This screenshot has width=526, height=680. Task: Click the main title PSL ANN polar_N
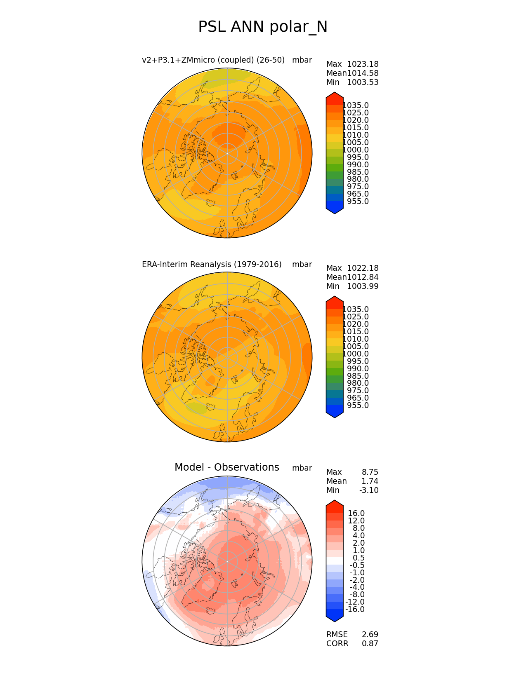pyautogui.click(x=263, y=27)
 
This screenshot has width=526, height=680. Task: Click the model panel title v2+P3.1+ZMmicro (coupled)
pyautogui.click(x=213, y=60)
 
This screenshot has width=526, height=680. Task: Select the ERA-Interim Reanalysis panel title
pyautogui.click(x=212, y=265)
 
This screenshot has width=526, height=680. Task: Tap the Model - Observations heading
pyautogui.click(x=226, y=467)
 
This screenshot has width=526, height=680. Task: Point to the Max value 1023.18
pyautogui.click(x=363, y=64)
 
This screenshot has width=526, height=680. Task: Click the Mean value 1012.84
pyautogui.click(x=363, y=277)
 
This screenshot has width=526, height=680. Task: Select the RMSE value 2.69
pyautogui.click(x=370, y=635)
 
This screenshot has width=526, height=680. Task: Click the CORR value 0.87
pyautogui.click(x=370, y=644)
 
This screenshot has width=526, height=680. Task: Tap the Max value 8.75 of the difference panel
pyautogui.click(x=370, y=472)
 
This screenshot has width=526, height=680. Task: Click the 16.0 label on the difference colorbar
pyautogui.click(x=356, y=514)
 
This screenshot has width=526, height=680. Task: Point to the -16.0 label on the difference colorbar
pyautogui.click(x=355, y=610)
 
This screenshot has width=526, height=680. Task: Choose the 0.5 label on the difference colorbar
pyautogui.click(x=359, y=558)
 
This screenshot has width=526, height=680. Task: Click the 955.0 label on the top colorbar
pyautogui.click(x=358, y=202)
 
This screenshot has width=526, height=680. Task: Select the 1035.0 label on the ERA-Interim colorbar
pyautogui.click(x=356, y=310)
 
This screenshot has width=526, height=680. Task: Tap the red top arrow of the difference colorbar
pyautogui.click(x=335, y=505)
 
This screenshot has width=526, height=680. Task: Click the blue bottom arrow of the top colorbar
pyautogui.click(x=335, y=209)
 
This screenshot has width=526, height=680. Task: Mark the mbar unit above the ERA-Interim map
pyautogui.click(x=302, y=265)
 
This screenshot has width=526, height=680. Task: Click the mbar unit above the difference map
pyautogui.click(x=302, y=468)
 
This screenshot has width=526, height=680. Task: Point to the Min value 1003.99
pyautogui.click(x=363, y=286)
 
